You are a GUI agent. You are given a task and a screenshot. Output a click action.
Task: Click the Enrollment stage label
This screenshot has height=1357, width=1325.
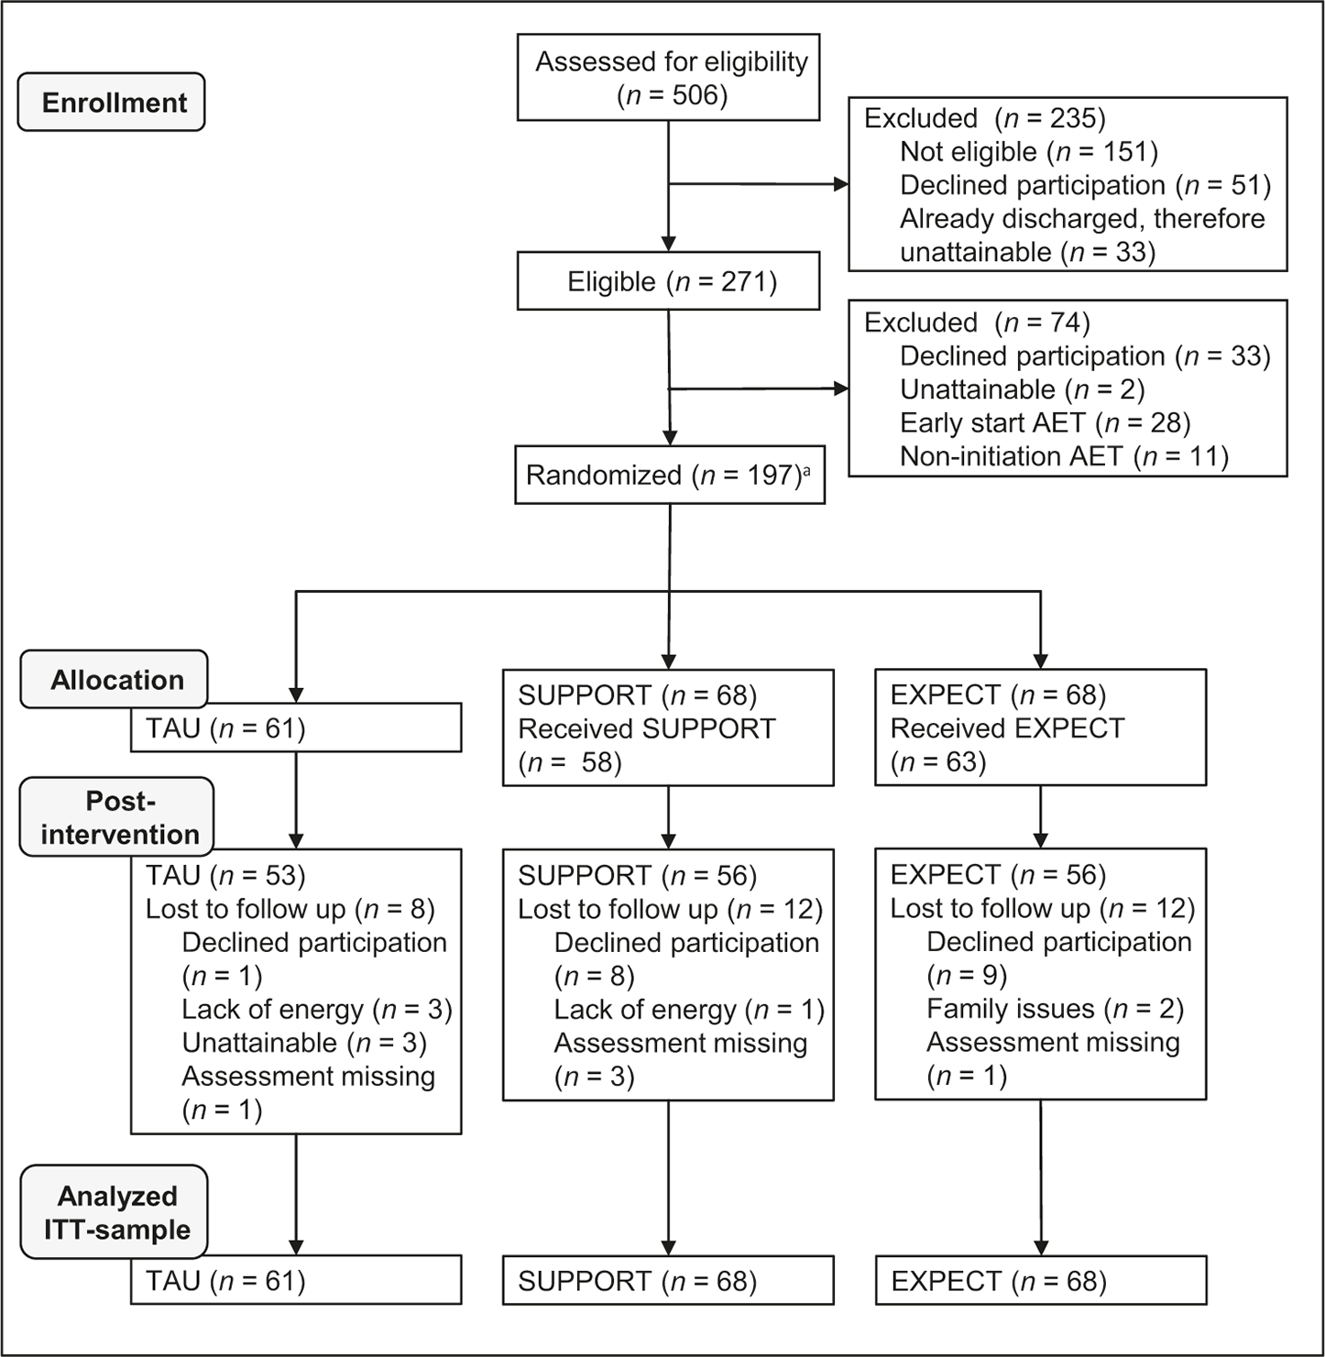coord(112,102)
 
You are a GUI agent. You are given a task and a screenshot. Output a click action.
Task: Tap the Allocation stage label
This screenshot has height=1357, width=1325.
coord(115,679)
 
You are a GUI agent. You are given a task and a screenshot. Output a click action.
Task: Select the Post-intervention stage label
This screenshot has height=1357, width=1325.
coord(117,816)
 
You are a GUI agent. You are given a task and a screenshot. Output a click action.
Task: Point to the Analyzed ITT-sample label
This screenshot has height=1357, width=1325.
coord(115,1212)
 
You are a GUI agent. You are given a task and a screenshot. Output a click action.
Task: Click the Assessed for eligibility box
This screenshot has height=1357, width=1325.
coord(668,77)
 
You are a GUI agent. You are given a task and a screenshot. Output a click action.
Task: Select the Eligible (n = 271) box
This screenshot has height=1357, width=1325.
coord(668,281)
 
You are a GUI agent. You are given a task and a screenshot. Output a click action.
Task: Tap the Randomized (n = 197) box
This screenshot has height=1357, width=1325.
coord(670,475)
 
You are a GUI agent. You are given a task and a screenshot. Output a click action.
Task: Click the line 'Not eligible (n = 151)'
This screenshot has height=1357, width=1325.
coord(1029,151)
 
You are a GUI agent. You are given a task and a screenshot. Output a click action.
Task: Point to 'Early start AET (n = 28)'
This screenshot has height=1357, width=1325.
coord(1045,422)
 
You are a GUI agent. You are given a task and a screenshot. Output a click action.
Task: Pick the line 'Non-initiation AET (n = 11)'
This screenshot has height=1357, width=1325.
coord(1064,456)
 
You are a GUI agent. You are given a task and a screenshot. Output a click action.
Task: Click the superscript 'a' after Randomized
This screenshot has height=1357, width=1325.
coord(807,469)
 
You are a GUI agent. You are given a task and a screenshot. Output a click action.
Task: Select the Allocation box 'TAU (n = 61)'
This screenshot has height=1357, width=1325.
coord(296,728)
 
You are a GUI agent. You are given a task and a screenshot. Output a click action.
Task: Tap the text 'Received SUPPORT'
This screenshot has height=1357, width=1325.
coord(646,728)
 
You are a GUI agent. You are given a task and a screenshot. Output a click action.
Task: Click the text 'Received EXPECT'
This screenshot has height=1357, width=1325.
coord(1008,728)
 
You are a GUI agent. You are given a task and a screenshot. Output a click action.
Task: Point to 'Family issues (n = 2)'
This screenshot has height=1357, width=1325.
coord(1055,1009)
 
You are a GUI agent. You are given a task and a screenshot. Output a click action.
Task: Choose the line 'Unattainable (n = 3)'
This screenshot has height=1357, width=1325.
coord(304,1043)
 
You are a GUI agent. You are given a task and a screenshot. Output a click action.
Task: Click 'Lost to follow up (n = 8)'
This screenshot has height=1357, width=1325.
coord(290,909)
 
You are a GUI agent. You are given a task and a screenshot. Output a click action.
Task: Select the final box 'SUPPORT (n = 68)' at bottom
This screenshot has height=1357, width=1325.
coord(668,1280)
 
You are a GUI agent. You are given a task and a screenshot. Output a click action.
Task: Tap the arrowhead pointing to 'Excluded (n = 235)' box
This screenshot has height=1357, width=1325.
coord(841,184)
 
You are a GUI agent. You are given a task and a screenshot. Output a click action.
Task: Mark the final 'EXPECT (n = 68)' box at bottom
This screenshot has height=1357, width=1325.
coord(1040,1280)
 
